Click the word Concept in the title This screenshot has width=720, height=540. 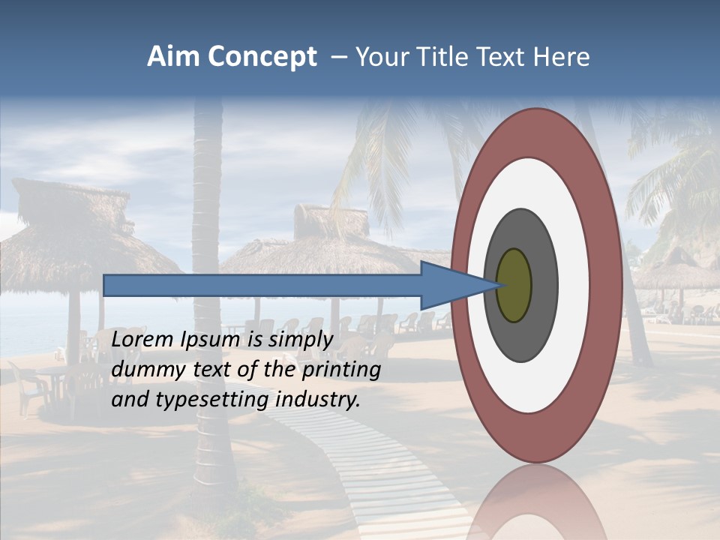[x=262, y=57]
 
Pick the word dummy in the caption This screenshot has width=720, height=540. [x=142, y=370]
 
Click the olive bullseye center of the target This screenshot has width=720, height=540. [x=514, y=286]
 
